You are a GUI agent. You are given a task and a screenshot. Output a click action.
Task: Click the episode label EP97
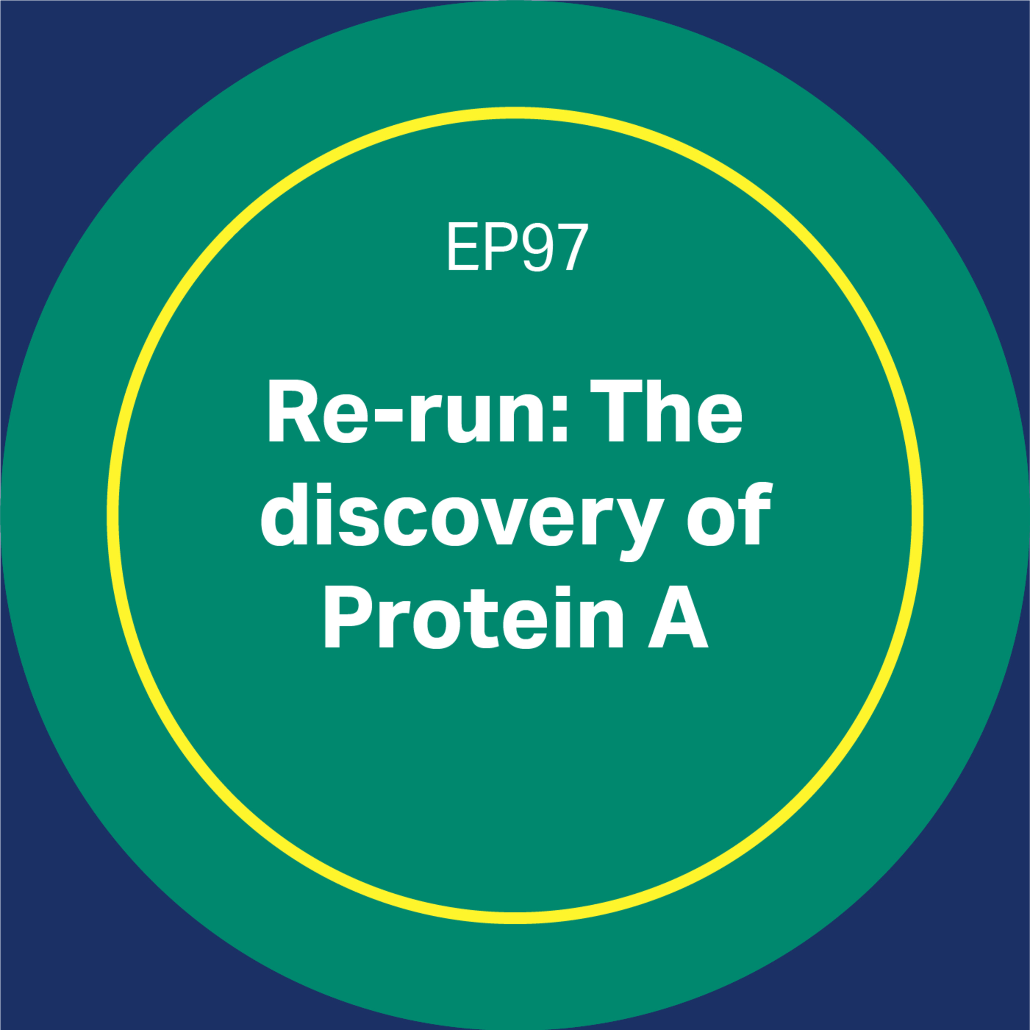(x=517, y=247)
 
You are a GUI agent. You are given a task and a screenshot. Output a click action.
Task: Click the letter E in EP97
(x=462, y=247)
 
